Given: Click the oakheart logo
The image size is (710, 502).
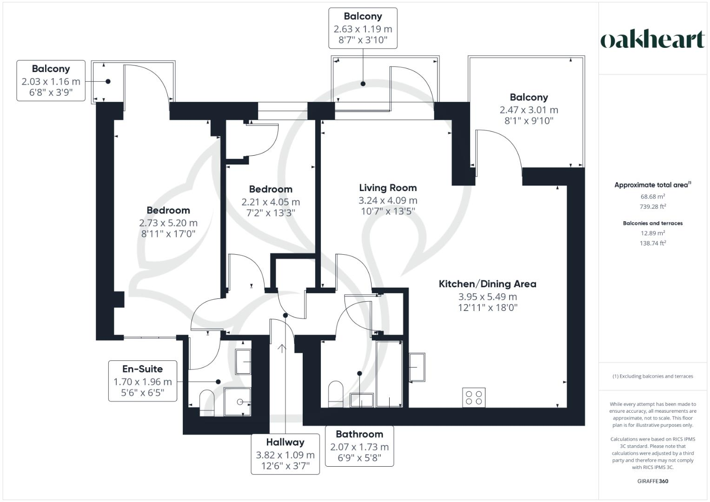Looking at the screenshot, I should (652, 40).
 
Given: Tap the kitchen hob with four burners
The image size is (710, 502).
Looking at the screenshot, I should (474, 397).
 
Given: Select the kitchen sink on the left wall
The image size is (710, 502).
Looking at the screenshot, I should (417, 367).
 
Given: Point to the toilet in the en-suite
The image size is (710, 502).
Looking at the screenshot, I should (206, 402).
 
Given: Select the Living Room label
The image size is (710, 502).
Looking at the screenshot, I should (388, 188).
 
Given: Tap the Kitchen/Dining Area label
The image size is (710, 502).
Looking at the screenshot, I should (487, 284).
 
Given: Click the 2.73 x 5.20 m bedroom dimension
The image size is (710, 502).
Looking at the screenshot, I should (168, 223).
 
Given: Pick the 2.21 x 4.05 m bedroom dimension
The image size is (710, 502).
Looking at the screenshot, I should (271, 202).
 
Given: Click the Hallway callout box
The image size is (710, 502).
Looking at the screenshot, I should (285, 454).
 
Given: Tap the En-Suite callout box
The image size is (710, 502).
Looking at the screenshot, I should (143, 381).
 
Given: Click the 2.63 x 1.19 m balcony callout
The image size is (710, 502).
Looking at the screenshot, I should (363, 28).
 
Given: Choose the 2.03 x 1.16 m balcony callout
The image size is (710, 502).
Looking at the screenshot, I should (51, 81).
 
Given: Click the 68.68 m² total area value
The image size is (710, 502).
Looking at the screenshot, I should (652, 197).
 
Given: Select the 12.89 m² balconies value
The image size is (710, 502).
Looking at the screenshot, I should (652, 233).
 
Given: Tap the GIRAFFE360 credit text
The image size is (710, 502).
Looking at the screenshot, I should (652, 481).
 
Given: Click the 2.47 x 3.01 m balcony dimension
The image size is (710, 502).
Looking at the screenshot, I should (529, 110).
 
